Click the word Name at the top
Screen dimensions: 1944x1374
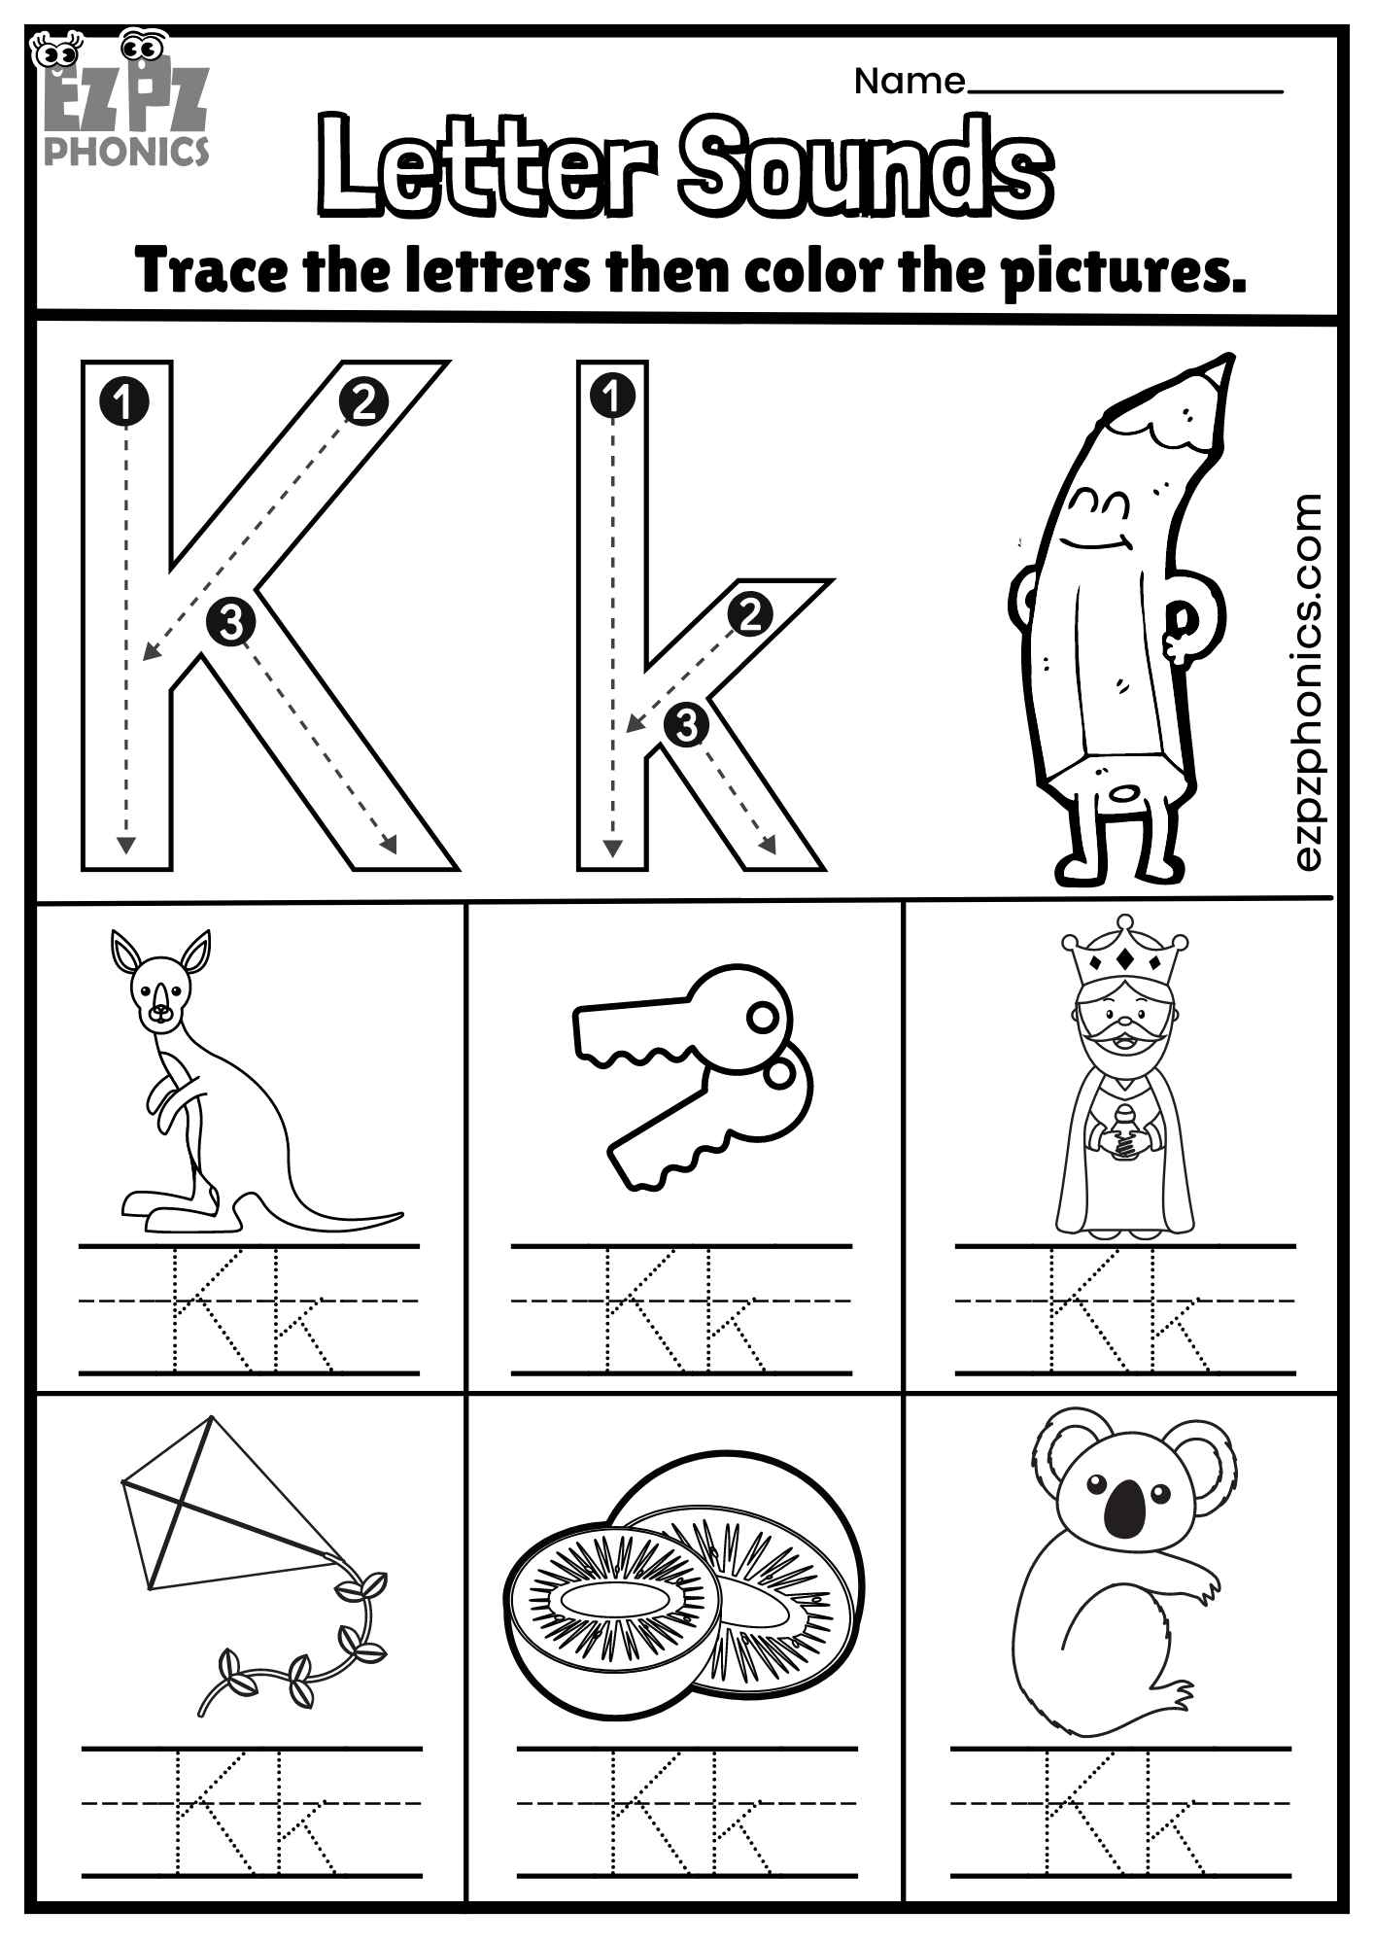(909, 82)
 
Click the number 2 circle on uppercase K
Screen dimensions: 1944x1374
(363, 401)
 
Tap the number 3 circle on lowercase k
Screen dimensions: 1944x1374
(686, 724)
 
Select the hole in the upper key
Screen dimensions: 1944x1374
(762, 1018)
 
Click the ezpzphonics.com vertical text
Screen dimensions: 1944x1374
(1309, 680)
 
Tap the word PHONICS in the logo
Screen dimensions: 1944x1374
(126, 151)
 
